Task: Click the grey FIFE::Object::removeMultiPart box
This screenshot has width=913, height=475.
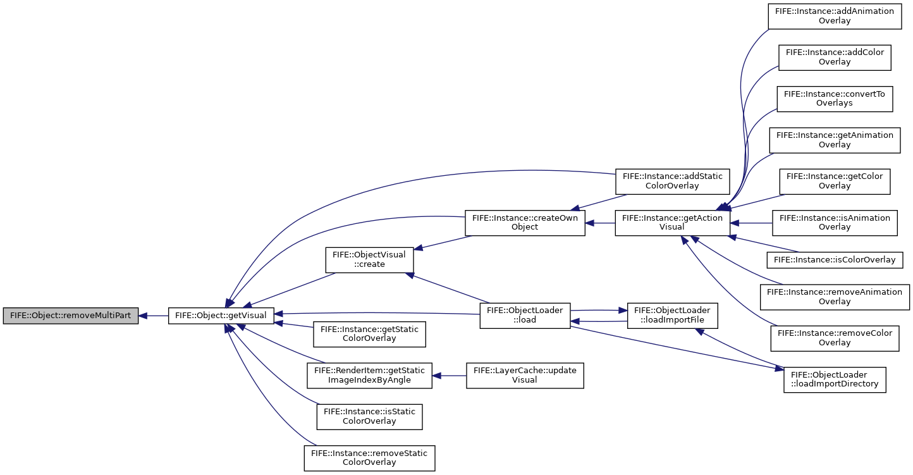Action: (71, 316)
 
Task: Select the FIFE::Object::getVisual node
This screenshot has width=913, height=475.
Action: (221, 316)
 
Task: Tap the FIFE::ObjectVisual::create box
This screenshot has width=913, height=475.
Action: (369, 260)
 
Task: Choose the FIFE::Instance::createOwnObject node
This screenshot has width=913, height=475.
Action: (525, 223)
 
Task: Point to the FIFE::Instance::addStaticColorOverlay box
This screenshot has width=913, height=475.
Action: (673, 182)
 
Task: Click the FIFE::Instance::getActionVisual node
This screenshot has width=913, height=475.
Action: (673, 223)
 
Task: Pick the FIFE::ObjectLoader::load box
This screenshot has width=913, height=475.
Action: (525, 316)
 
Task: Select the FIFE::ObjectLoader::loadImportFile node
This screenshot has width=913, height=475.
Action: (673, 316)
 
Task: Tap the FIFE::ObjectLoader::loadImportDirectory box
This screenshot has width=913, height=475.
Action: (835, 379)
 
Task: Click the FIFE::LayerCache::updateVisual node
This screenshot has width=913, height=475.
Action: (525, 376)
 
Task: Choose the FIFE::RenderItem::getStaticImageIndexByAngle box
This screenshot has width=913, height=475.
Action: (369, 376)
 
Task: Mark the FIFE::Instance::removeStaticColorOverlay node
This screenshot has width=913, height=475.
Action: (369, 459)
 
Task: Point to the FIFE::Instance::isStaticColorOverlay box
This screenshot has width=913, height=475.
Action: (369, 417)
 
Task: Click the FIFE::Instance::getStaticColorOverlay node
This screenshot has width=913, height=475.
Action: (369, 335)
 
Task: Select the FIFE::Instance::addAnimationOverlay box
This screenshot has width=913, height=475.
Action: (835, 16)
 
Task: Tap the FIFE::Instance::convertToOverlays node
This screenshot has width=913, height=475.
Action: (835, 99)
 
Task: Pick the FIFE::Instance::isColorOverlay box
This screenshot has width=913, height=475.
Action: (835, 260)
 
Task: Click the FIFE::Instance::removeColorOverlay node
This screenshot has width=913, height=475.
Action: (835, 338)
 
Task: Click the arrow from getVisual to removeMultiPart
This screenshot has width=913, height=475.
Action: (154, 316)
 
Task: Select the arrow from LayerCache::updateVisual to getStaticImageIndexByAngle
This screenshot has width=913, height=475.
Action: (449, 376)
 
